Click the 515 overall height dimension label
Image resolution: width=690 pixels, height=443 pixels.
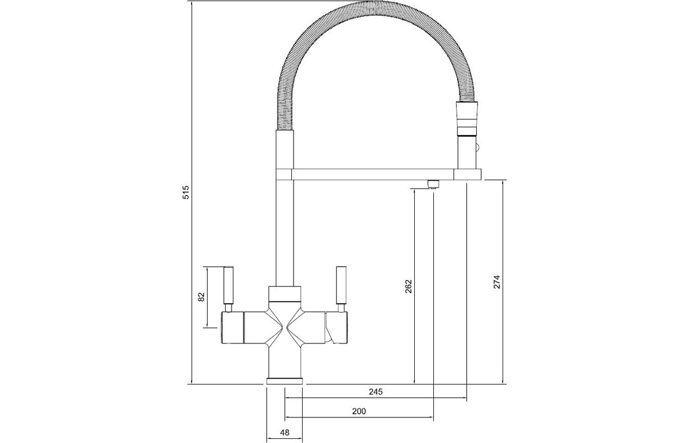186,192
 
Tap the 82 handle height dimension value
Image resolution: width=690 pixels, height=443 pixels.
202,297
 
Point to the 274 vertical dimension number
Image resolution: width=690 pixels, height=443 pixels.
497,282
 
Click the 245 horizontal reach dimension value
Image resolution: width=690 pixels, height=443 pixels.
376,391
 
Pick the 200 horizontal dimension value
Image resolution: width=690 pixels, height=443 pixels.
359,411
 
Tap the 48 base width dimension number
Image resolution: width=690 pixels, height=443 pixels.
285,432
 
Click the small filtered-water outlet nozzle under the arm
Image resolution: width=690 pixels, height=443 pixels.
433,184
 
